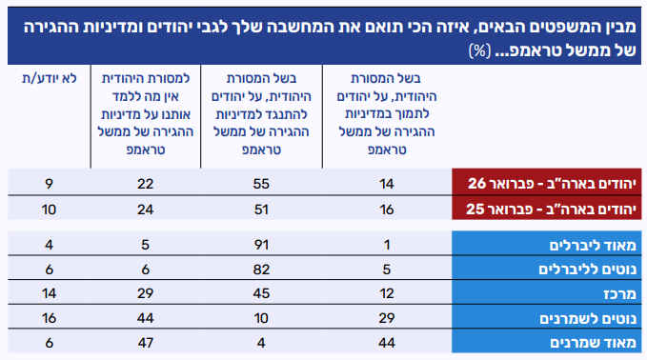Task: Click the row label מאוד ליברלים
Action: click(593, 246)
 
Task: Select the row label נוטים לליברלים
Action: click(587, 270)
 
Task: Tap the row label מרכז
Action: click(619, 294)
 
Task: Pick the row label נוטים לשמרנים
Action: click(588, 319)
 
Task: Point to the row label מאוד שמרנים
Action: click(593, 343)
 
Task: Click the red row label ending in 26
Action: click(552, 184)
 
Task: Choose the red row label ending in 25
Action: click(552, 210)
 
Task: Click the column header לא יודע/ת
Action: click(50, 78)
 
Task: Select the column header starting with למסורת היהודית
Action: click(146, 114)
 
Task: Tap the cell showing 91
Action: click(261, 245)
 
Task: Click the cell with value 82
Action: click(261, 270)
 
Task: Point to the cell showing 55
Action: click(261, 184)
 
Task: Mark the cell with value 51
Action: click(261, 210)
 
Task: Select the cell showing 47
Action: click(145, 343)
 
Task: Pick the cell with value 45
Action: click(261, 293)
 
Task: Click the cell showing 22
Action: click(145, 184)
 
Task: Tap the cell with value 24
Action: click(145, 210)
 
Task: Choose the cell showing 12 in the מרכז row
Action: click(387, 293)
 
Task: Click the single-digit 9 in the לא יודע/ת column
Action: click(50, 184)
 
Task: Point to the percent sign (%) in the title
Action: click(479, 50)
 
